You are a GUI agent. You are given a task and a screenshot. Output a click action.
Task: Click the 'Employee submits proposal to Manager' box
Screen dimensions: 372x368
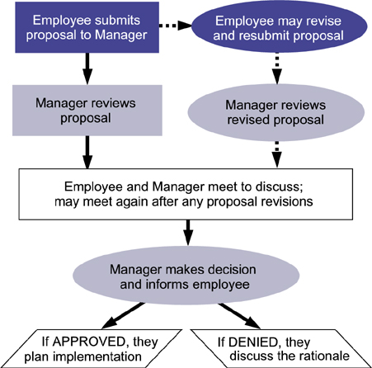coord(87,27)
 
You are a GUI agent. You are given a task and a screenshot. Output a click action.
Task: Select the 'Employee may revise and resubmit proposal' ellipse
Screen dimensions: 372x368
coord(279,26)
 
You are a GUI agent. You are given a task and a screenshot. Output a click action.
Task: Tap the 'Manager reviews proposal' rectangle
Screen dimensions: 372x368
coord(87,111)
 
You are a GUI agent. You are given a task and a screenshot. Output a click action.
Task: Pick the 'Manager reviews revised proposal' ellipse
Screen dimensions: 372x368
coord(276,112)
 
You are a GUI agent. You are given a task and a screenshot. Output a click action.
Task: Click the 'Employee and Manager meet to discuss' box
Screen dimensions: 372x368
coord(186,194)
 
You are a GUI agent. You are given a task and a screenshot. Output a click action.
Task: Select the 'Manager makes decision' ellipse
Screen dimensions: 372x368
coord(186,276)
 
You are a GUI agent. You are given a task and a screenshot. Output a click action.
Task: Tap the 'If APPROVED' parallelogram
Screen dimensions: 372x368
coord(92,348)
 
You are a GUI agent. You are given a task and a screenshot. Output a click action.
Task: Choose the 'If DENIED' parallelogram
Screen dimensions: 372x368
coord(281,348)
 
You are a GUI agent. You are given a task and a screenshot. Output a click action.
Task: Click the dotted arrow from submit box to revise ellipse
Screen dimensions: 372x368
coord(175,26)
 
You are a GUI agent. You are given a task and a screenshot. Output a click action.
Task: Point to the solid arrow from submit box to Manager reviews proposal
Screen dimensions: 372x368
coord(87,68)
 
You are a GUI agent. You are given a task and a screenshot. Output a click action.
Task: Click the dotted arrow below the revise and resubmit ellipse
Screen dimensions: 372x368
coord(277,68)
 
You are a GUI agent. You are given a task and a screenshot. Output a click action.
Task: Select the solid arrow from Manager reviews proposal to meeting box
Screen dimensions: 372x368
coord(87,152)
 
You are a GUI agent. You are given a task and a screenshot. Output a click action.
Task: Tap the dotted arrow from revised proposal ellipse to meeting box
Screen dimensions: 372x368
coord(277,154)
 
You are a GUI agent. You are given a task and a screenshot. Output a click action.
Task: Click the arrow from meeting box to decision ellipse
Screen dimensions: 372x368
coord(188,233)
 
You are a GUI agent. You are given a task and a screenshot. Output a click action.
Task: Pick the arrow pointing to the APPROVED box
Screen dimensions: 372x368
coord(123,315)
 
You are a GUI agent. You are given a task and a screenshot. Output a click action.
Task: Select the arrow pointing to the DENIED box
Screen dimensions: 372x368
coord(239,315)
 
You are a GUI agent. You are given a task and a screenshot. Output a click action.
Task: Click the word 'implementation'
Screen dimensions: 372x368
coord(97,357)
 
